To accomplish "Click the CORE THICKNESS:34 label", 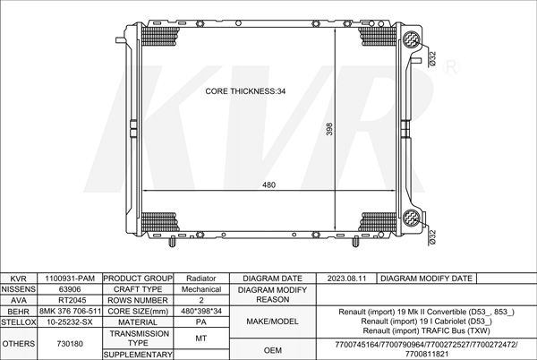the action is click(x=245, y=91).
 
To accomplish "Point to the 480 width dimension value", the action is click(x=268, y=184).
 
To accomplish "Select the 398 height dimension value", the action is click(x=329, y=129).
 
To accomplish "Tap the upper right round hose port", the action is click(x=412, y=39).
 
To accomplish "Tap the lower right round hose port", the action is click(x=412, y=218).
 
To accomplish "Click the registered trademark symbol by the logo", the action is click(x=451, y=67).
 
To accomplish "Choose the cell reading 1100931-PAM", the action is click(x=70, y=279).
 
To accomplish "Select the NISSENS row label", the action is click(x=19, y=289).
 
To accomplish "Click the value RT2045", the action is click(x=70, y=300).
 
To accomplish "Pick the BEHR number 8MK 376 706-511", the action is click(x=70, y=311).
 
